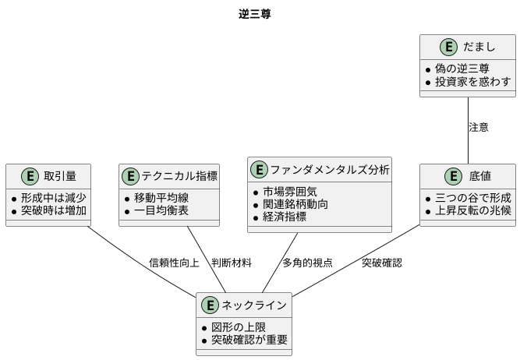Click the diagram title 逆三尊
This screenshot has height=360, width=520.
tap(255, 15)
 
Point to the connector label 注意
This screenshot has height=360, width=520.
tap(478, 128)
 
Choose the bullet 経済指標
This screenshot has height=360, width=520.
tap(289, 217)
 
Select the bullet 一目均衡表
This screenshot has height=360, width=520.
tap(161, 210)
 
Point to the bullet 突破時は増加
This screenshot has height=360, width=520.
tap(54, 210)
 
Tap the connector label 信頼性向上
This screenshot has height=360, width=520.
tap(174, 263)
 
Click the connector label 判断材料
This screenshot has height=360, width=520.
tap(232, 263)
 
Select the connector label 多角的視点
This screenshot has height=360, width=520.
tap(307, 263)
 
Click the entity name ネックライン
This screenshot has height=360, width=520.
tap(254, 305)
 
